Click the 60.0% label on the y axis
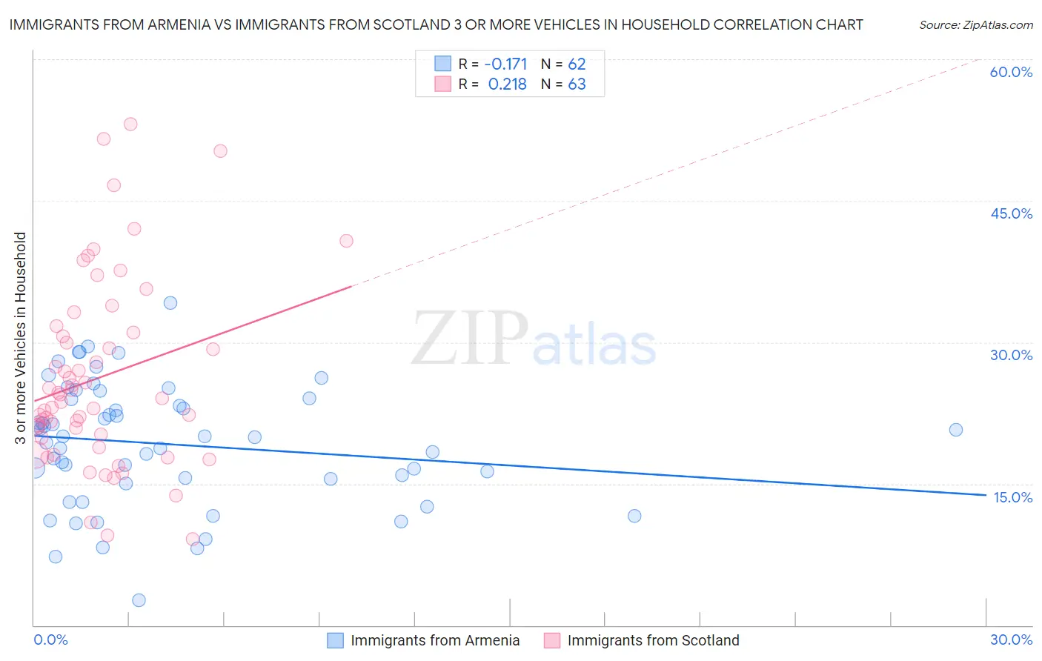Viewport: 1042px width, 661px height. coord(1011,72)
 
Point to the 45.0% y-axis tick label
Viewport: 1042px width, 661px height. coord(1011,213)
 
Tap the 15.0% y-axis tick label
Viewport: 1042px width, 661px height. coord(1012,497)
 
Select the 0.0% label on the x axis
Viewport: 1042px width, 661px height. coord(50,640)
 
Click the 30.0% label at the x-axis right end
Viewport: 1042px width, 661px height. coord(1011,640)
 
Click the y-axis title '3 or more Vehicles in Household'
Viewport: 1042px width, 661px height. coord(20,338)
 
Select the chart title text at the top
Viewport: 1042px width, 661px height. coord(436,24)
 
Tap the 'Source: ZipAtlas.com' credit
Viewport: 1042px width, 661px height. coord(975,24)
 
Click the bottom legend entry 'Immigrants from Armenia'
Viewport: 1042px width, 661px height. coord(434,640)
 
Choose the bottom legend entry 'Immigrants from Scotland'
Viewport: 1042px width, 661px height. coord(653,640)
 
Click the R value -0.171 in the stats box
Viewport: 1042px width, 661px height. coord(507,64)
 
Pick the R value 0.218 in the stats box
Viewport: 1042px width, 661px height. coord(507,84)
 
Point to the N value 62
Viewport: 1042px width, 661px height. coord(577,64)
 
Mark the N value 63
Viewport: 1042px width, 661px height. coord(577,84)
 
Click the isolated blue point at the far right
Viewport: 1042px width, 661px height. coord(956,430)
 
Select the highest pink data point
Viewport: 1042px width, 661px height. coord(130,124)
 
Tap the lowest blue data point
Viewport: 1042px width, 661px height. coord(139,600)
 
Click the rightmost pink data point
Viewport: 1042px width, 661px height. coord(346,241)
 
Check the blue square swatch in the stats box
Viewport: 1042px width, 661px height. coord(442,64)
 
